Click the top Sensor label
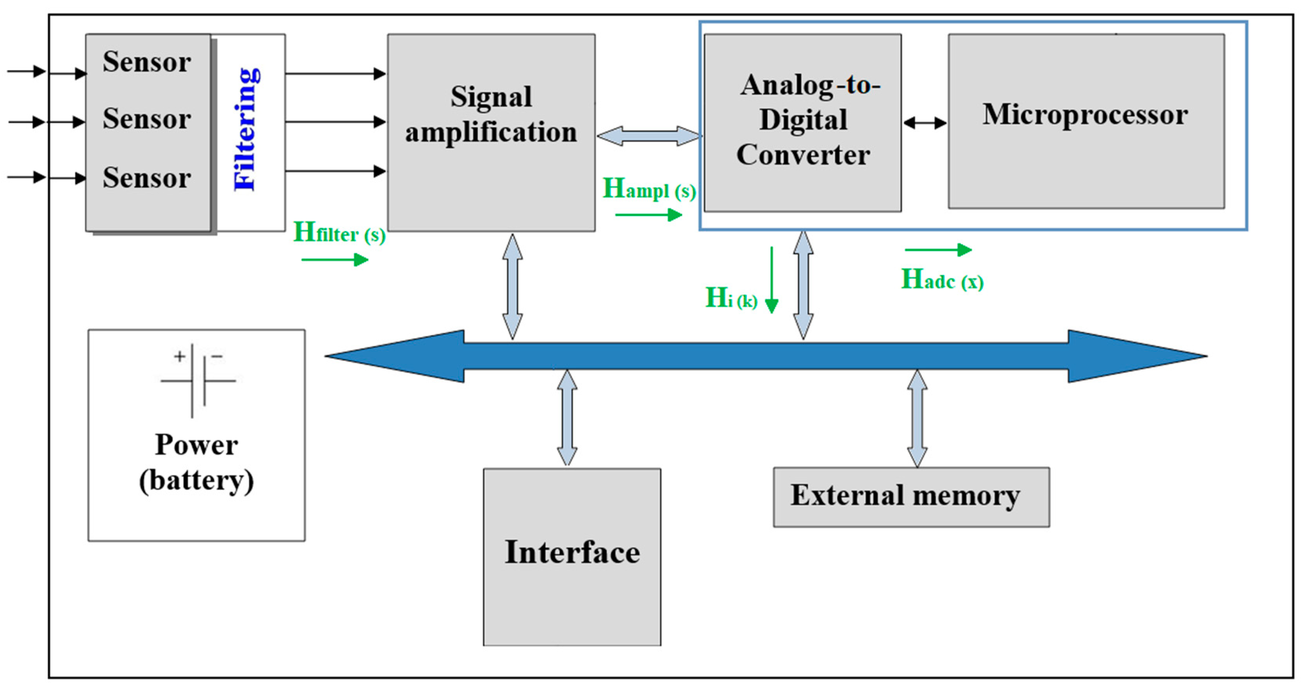pyautogui.click(x=147, y=62)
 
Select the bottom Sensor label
pyautogui.click(x=147, y=178)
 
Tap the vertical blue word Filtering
pyautogui.click(x=246, y=129)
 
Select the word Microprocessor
pyautogui.click(x=1085, y=115)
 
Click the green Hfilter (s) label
pyautogui.click(x=339, y=233)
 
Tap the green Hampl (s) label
pyautogui.click(x=649, y=189)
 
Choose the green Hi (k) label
pyautogui.click(x=731, y=298)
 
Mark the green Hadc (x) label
pyautogui.click(x=942, y=280)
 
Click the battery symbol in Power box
pyautogui.click(x=198, y=380)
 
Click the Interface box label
pyautogui.click(x=572, y=552)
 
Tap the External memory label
pyautogui.click(x=905, y=496)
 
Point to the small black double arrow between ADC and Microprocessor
pyautogui.click(x=925, y=123)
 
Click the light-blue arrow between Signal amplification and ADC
pyautogui.click(x=649, y=136)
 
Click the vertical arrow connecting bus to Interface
pyautogui.click(x=567, y=417)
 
